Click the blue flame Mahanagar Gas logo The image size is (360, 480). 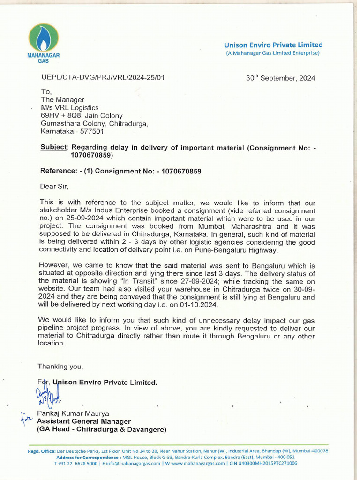[43, 38]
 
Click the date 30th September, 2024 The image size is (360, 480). [280, 78]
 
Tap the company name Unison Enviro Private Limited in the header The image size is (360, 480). [273, 45]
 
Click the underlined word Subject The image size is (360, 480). [54, 147]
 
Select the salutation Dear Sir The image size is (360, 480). [54, 187]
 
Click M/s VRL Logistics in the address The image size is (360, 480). [70, 108]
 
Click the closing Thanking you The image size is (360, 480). [60, 366]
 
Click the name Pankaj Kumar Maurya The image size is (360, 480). [73, 413]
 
